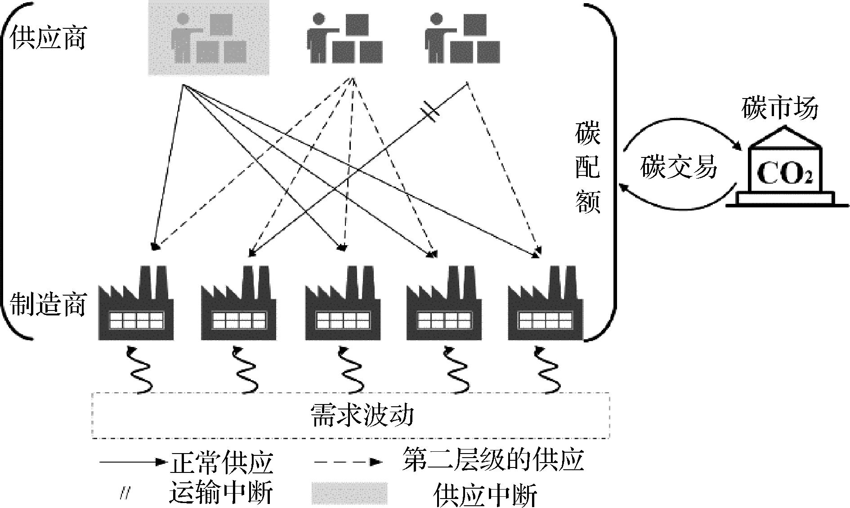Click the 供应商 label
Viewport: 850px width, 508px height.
(x=48, y=38)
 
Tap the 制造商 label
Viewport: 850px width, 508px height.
(x=48, y=304)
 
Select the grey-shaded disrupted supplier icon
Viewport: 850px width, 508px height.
(x=209, y=38)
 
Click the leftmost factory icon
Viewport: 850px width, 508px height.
(x=136, y=303)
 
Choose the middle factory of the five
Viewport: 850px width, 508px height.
(x=343, y=303)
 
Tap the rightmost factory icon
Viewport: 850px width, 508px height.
(x=545, y=303)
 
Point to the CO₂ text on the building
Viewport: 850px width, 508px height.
(x=785, y=173)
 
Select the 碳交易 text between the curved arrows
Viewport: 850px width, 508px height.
(x=678, y=167)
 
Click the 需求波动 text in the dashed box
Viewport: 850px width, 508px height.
(x=362, y=415)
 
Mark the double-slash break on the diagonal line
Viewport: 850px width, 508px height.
(x=430, y=112)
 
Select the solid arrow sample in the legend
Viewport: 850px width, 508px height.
(x=130, y=462)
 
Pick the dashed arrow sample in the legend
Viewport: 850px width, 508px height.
(x=348, y=462)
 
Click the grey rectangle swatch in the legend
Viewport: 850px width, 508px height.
(x=349, y=494)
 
